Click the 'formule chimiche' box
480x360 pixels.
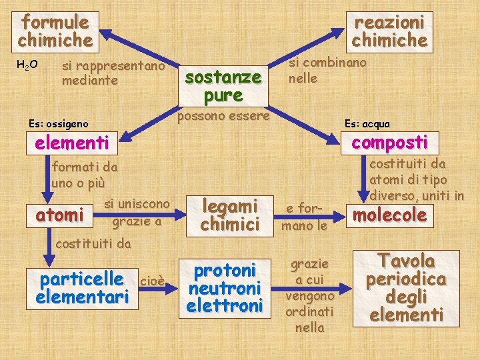(55, 31)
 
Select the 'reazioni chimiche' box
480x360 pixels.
(389, 31)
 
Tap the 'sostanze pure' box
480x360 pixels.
(223, 86)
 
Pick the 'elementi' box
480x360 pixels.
(73, 143)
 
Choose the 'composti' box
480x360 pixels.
(389, 143)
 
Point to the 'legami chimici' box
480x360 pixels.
(229, 215)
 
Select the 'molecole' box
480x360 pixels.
(389, 215)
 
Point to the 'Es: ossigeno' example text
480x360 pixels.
(58, 123)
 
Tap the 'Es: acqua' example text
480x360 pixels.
(367, 123)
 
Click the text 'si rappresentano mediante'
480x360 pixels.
(113, 73)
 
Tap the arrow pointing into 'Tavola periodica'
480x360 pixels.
(344, 289)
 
